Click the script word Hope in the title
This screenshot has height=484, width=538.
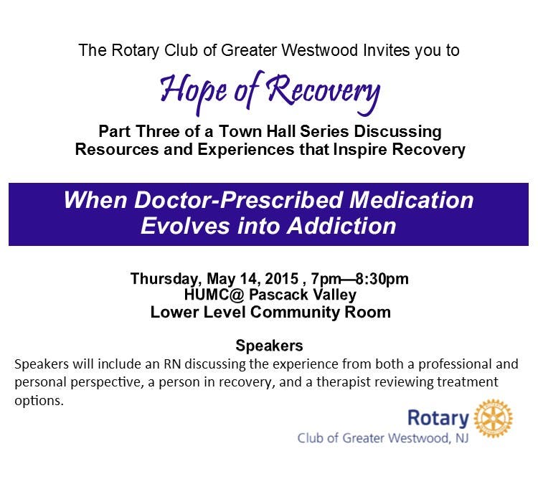point(193,90)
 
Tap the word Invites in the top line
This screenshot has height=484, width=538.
point(387,50)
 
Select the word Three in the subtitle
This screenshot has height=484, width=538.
point(158,132)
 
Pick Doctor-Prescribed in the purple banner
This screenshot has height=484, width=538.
point(238,199)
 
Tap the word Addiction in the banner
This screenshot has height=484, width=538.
point(341,226)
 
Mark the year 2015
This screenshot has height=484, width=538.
point(281,278)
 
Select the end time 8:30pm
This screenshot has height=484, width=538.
point(382,279)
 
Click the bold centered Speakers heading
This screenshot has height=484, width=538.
point(269,346)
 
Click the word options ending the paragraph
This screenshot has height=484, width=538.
point(39,401)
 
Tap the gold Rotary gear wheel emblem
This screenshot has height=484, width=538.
point(493,418)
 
